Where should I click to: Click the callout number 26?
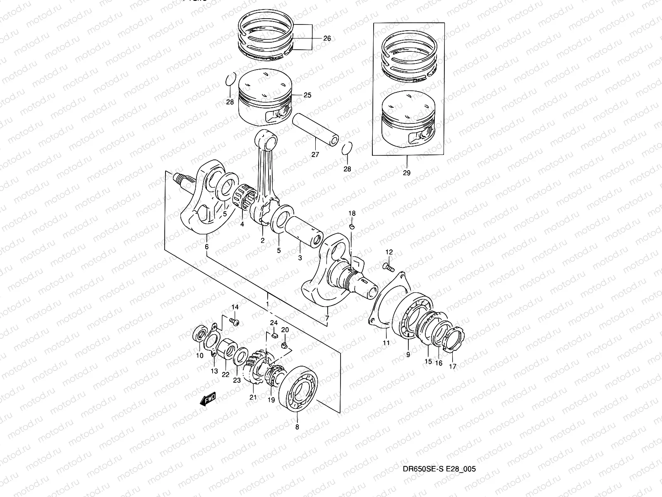pos(327,39)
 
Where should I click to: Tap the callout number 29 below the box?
pos(406,173)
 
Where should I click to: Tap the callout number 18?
pos(352,213)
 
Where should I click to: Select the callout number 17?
pos(453,367)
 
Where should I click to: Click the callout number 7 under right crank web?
pos(327,318)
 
